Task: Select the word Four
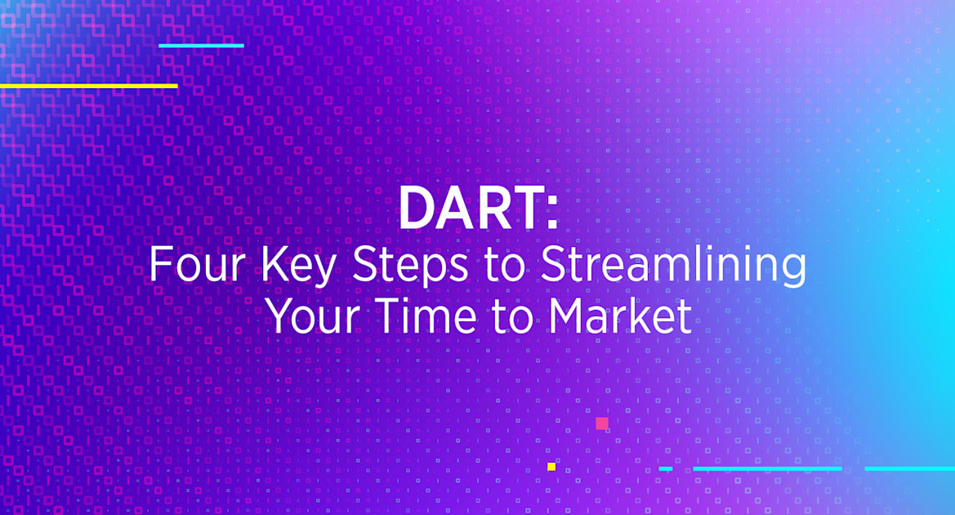190,266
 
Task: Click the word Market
620,317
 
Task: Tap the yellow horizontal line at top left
88,86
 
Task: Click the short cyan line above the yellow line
201,46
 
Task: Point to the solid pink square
602,423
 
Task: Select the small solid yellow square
551,467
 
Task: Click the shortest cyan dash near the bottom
666,469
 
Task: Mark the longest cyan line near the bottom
767,469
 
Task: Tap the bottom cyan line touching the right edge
909,469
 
